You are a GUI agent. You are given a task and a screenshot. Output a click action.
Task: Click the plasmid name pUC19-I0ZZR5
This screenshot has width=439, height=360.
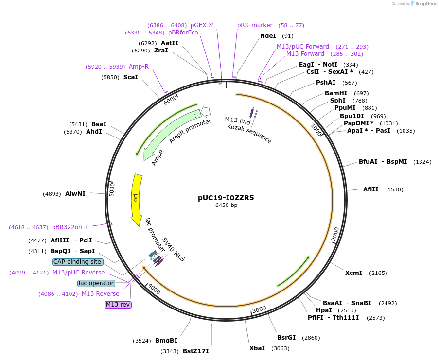(226, 198)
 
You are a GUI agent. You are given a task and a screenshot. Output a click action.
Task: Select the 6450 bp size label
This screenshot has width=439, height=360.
(226, 205)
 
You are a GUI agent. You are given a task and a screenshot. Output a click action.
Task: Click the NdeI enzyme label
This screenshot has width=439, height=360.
(268, 36)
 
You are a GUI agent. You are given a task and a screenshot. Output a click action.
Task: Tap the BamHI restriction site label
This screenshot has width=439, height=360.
(336, 93)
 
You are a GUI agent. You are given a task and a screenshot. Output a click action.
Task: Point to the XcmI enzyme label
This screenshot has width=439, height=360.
(353, 273)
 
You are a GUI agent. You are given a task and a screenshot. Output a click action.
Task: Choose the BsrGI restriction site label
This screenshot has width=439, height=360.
(286, 338)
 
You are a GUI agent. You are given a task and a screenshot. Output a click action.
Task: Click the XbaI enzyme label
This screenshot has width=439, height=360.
(257, 348)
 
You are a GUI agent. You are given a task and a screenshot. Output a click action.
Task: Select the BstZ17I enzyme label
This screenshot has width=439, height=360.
(195, 351)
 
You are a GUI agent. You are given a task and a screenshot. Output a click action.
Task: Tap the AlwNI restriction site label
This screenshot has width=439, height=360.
(75, 193)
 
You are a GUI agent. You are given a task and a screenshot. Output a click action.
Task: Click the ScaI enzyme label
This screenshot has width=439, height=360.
(130, 77)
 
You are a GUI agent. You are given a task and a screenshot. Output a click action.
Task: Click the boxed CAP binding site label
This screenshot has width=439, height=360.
(77, 262)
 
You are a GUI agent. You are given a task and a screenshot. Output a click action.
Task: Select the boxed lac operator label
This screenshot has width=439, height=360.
(96, 283)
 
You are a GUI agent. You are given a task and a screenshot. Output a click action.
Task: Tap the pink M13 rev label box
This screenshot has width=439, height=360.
(118, 305)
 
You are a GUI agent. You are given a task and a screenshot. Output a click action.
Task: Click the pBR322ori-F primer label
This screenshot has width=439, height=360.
(70, 227)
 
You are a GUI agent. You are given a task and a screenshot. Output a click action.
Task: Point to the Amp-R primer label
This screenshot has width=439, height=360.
(139, 66)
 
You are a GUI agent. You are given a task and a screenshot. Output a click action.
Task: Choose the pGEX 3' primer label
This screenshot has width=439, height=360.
(202, 25)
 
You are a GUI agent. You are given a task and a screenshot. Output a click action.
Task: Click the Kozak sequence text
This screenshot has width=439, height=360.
(249, 134)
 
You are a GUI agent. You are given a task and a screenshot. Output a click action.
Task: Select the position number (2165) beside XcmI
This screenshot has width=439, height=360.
(378, 273)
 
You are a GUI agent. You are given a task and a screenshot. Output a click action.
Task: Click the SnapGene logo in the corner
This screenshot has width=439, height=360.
(423, 4)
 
